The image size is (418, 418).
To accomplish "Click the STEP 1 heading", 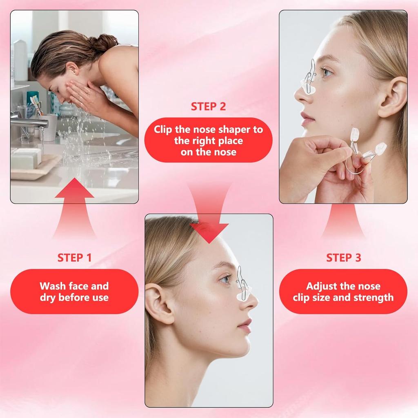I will [x=74, y=258].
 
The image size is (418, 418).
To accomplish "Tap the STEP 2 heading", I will [x=208, y=107].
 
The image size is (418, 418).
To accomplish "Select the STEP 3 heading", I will [x=343, y=258].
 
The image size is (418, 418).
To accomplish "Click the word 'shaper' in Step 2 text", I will [x=228, y=129].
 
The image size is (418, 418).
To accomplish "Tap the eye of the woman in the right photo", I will [x=327, y=72].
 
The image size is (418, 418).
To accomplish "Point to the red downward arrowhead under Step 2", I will [x=209, y=233].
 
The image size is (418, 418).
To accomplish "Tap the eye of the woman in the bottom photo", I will [x=225, y=279].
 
